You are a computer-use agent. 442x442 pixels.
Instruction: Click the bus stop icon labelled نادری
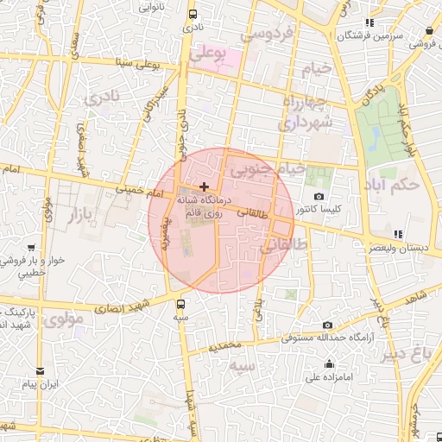192,14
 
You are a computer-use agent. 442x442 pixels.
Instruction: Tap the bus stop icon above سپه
180,304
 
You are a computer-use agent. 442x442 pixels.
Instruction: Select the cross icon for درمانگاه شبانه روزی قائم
204,186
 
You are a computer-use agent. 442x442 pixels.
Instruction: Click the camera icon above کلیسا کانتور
319,197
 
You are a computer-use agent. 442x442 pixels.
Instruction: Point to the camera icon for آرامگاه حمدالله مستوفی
327,325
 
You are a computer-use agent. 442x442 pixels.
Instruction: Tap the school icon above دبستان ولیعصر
397,234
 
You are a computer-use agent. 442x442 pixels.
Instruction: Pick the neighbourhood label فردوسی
268,35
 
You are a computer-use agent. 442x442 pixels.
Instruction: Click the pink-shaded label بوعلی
207,54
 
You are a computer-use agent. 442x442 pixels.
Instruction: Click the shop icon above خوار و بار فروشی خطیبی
31,248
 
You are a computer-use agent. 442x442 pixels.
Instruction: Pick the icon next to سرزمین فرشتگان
370,22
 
